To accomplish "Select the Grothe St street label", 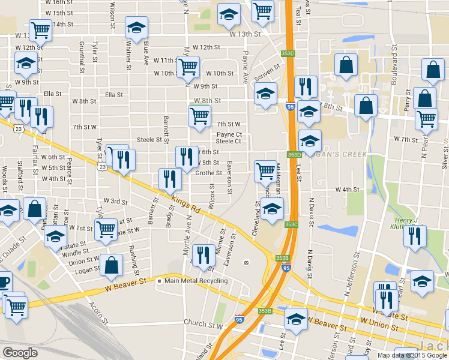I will [x=209, y=173].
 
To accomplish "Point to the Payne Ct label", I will [x=229, y=134].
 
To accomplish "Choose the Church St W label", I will [x=203, y=323].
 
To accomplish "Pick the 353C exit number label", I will [x=291, y=225].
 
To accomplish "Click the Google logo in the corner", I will [x=20, y=353].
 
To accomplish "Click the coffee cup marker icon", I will [x=3, y=281].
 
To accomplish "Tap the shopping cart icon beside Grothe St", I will [x=265, y=170].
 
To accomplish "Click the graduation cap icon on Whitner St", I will [x=137, y=26].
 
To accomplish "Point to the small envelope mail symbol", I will [x=246, y=263].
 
